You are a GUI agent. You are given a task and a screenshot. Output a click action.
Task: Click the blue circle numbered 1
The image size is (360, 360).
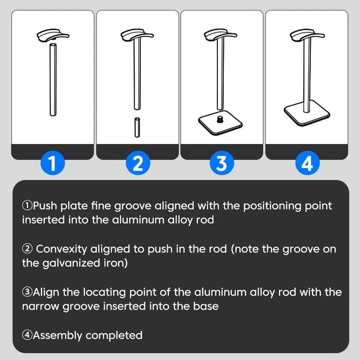pyautogui.click(x=53, y=163)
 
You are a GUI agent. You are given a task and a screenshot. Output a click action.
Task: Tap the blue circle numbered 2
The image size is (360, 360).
pyautogui.click(x=138, y=163)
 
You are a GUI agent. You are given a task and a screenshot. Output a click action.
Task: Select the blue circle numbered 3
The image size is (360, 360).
pyautogui.click(x=222, y=163)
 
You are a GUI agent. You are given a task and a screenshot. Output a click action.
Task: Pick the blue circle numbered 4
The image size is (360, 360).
pyautogui.click(x=307, y=163)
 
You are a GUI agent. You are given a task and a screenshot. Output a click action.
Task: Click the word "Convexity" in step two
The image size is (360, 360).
pyautogui.click(x=62, y=249)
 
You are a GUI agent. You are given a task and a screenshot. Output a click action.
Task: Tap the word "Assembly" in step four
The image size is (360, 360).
pyautogui.click(x=58, y=335)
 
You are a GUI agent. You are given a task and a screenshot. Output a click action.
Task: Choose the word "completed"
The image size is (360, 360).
pyautogui.click(x=114, y=335)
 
